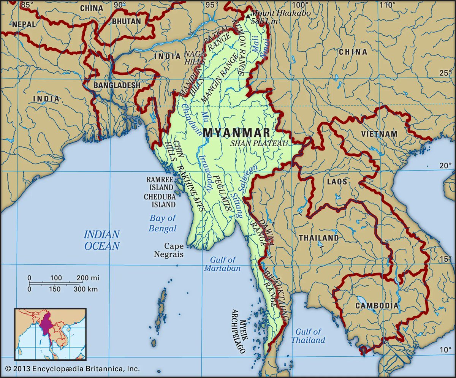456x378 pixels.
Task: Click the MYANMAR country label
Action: pos(237,133)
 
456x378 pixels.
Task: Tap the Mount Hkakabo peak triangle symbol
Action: pos(248,16)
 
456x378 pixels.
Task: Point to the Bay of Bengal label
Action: pos(163,223)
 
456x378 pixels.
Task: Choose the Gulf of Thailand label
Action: pos(308,336)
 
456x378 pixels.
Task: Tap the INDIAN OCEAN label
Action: pos(102,240)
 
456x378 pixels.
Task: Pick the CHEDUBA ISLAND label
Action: pos(159,201)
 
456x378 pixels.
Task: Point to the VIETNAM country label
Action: pos(379,134)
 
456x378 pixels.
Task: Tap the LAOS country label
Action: pos(337,182)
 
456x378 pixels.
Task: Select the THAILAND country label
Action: pos(318,238)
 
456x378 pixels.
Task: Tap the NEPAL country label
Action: pos(23,24)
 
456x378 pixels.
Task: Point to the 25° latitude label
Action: pos(444,73)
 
